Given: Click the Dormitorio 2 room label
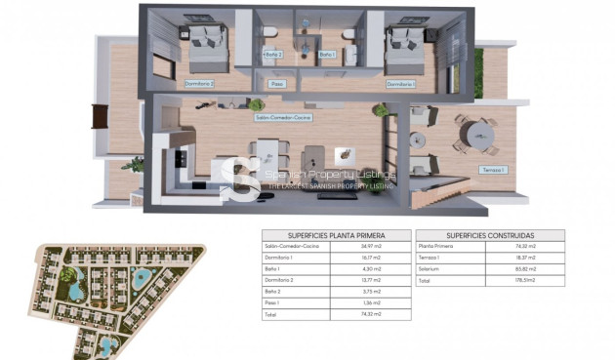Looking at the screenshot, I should [x=199, y=84].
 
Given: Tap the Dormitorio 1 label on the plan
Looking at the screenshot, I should [x=401, y=84].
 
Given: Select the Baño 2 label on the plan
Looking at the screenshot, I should [x=273, y=55].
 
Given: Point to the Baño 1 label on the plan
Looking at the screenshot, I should [x=327, y=55].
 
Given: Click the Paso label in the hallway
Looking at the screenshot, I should [x=277, y=84].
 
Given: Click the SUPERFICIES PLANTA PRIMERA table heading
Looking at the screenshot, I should [x=336, y=236].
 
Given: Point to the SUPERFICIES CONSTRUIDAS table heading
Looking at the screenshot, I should [x=489, y=236].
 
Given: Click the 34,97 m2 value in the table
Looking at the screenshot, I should [x=370, y=247].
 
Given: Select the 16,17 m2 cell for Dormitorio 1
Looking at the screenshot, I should [x=370, y=259].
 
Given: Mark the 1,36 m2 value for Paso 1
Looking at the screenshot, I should [x=370, y=303].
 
